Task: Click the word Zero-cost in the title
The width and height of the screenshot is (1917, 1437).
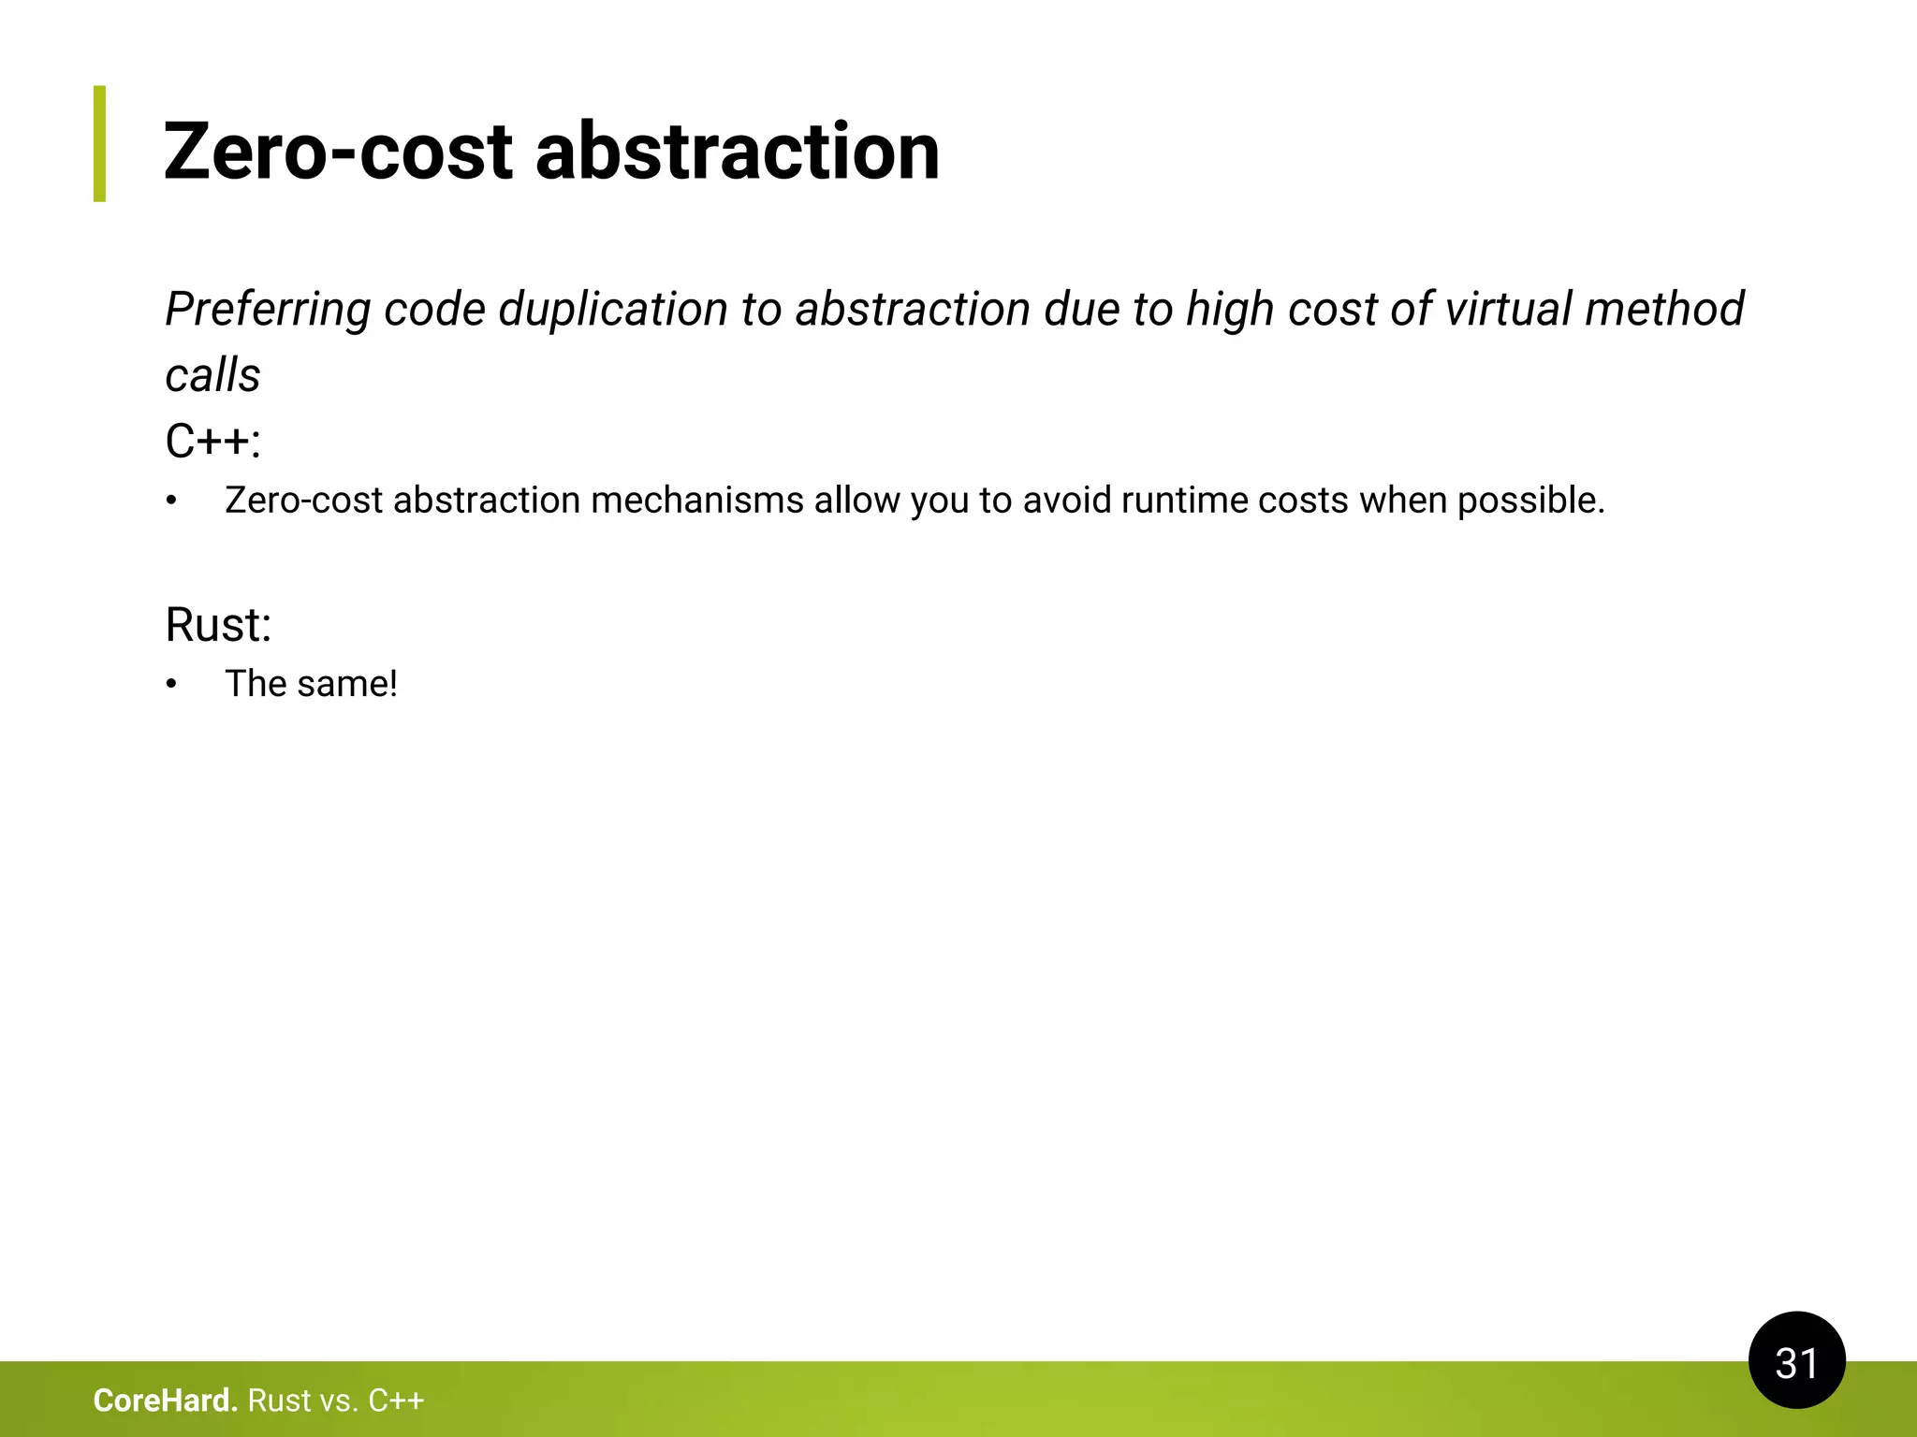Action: [x=338, y=152]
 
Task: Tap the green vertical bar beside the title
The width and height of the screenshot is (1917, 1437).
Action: [x=99, y=143]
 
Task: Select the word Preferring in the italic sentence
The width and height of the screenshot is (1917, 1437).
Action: [x=268, y=310]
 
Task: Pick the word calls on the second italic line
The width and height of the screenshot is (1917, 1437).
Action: [x=212, y=376]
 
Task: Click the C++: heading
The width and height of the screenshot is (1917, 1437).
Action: [x=212, y=441]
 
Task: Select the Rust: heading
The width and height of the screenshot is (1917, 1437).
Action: [x=218, y=625]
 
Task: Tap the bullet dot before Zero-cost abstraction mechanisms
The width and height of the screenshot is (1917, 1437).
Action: [x=171, y=501]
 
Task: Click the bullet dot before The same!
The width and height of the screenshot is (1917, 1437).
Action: [x=171, y=685]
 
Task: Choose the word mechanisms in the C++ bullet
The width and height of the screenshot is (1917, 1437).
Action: [x=697, y=501]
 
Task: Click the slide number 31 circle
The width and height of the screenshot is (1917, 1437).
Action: [x=1796, y=1360]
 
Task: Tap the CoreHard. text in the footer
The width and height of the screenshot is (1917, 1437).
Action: [x=166, y=1401]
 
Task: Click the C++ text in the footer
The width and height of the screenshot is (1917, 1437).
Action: [x=396, y=1401]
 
